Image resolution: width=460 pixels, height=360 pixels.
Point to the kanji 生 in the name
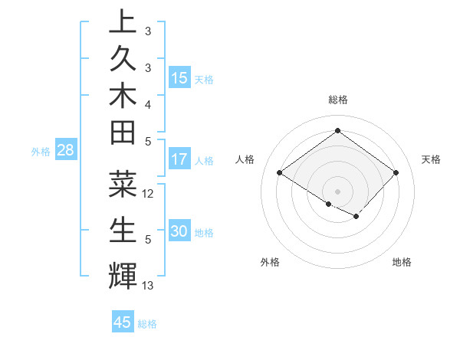[123, 231]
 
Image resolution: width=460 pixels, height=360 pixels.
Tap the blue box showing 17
[179, 160]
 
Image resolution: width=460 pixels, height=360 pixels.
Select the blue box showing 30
[179, 232]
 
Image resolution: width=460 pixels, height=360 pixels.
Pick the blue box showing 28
[65, 151]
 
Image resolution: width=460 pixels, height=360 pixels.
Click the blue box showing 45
[123, 322]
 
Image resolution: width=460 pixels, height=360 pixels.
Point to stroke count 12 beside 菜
[149, 194]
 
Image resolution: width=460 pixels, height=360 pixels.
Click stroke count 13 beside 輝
[149, 286]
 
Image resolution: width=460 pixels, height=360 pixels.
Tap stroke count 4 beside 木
[148, 103]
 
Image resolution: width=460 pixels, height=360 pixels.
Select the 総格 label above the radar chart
[337, 100]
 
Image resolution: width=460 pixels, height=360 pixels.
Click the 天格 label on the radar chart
[431, 159]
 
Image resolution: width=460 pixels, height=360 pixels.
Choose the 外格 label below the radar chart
[270, 262]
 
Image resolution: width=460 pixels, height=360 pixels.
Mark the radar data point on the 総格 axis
[337, 130]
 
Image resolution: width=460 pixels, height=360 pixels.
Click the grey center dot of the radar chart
[337, 191]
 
